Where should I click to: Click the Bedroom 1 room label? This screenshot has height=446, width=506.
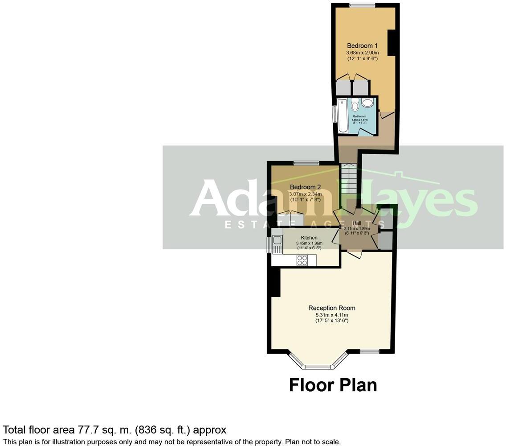[x=362, y=45]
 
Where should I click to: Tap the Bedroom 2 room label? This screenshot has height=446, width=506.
[x=305, y=187]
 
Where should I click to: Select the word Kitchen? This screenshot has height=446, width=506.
[x=309, y=238]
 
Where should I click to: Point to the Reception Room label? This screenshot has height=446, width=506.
[x=332, y=308]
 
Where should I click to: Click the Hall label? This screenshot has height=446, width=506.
[x=357, y=223]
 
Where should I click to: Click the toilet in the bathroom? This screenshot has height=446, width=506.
[x=355, y=106]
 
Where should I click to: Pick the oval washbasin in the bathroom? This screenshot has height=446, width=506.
[x=368, y=103]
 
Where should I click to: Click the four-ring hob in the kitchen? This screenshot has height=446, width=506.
[x=302, y=260]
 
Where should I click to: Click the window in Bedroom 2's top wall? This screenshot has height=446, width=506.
[x=306, y=162]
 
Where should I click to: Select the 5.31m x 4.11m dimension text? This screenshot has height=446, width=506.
[x=332, y=315]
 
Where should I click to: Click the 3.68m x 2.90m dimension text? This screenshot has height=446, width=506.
[x=362, y=53]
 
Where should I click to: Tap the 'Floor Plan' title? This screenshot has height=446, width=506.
[x=333, y=385]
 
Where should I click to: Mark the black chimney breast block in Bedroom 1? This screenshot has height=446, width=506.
[x=392, y=43]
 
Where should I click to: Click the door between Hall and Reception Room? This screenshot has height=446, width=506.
[x=354, y=254]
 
